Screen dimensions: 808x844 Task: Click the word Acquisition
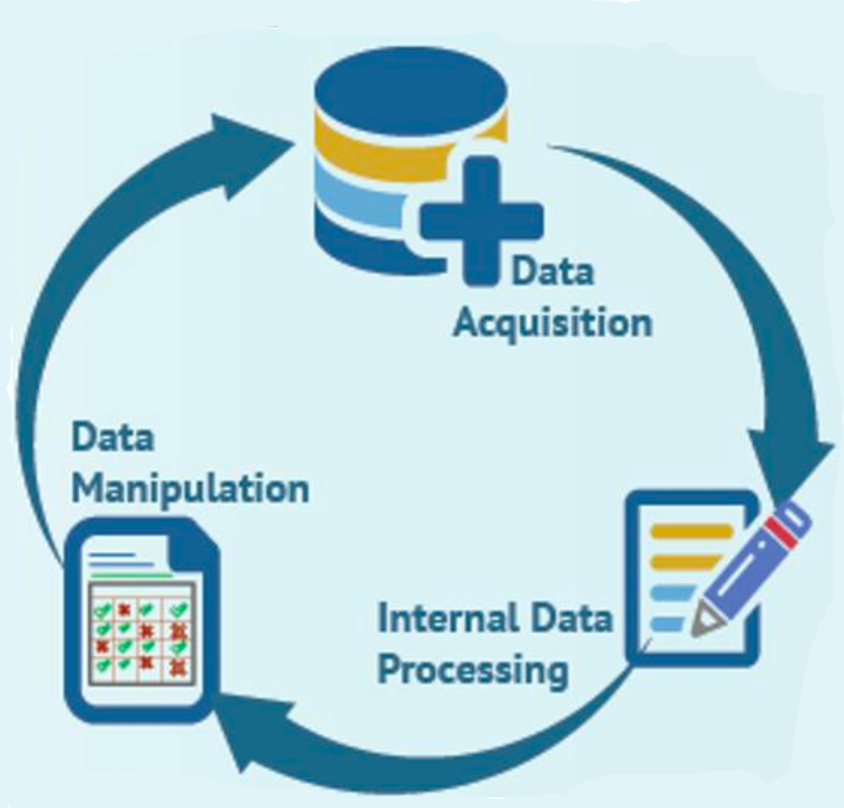[x=552, y=322]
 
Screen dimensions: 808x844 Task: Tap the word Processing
[x=471, y=668]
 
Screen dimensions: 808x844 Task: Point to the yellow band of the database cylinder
[x=356, y=143]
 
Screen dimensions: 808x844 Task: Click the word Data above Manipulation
[x=112, y=439]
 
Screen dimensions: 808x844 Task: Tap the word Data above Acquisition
[x=552, y=270]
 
